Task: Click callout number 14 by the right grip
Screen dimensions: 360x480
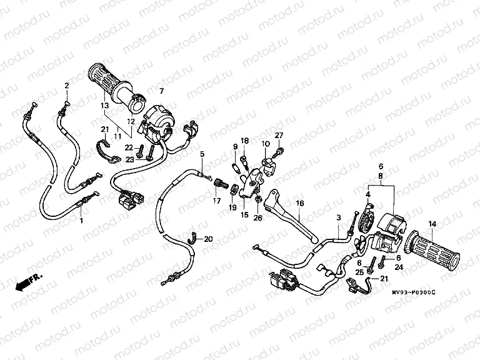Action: point(431,224)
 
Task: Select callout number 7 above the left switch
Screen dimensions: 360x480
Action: point(161,91)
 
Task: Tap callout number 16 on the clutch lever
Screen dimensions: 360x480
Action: point(300,204)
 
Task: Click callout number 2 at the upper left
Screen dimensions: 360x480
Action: point(66,85)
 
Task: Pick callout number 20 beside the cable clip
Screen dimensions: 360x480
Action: point(209,239)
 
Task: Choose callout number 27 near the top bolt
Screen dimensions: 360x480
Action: point(279,136)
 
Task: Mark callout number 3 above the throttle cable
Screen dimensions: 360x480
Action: point(337,216)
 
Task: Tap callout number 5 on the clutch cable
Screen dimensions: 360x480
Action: point(202,154)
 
